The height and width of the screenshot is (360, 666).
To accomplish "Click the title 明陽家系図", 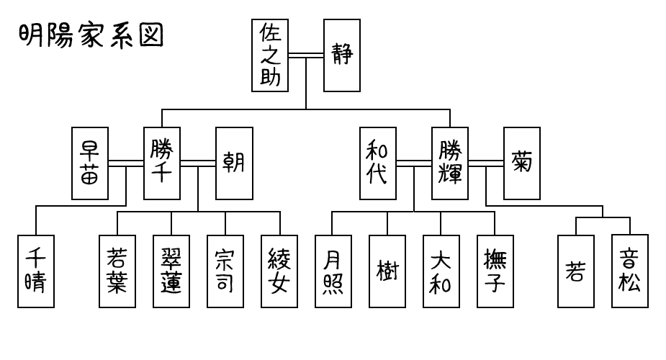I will click(x=91, y=34).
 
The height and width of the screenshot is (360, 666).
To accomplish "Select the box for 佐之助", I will click(x=270, y=55).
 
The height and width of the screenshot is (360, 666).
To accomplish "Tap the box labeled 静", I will click(x=342, y=55).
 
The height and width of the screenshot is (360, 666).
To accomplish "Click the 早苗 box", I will click(x=90, y=163).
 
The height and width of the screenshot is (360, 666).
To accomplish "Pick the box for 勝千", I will click(x=162, y=163).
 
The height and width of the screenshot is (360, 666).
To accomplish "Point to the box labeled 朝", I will click(x=234, y=163).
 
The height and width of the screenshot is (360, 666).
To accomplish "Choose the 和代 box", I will click(x=378, y=163).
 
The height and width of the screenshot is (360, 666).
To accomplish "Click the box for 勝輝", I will click(x=450, y=163).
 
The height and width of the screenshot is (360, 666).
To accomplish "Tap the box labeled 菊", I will click(x=522, y=163).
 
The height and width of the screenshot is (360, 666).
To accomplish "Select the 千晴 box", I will click(x=36, y=271).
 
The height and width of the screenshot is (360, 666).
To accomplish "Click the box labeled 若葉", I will click(x=117, y=271).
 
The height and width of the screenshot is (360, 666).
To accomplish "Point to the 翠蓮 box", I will click(x=171, y=271).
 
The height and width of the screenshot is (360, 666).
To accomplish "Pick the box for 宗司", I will click(x=225, y=271).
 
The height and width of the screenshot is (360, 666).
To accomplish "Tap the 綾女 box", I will click(x=279, y=271).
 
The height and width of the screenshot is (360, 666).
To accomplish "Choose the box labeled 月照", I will click(x=333, y=271).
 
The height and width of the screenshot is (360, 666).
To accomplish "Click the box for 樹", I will click(x=387, y=271).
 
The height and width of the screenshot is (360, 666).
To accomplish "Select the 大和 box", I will click(x=441, y=271).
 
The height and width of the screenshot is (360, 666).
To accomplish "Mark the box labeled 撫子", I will click(x=495, y=271).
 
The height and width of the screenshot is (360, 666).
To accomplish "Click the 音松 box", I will click(x=630, y=271).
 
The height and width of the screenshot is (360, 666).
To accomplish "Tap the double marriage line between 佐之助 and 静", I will click(x=306, y=55).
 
